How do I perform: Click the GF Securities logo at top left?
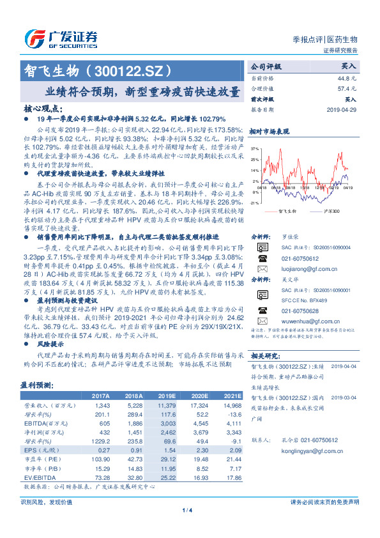(x=61, y=38)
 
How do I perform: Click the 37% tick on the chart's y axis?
(x=255, y=148)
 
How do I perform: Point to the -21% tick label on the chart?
(x=254, y=203)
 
